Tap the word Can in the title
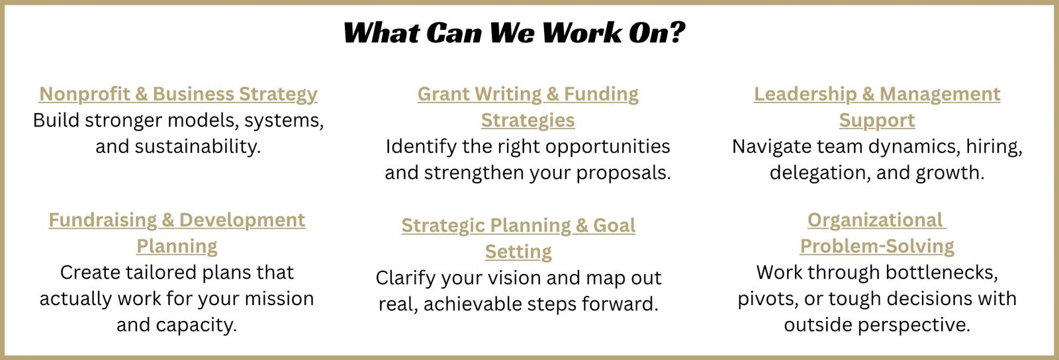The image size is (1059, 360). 453,32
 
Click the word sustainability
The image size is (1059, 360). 198,147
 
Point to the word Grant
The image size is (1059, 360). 443,94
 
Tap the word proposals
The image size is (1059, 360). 623,173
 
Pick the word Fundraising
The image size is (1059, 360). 103,220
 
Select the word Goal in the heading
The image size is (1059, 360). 614,226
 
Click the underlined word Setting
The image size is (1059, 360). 518,252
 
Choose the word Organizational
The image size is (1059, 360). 875,220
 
